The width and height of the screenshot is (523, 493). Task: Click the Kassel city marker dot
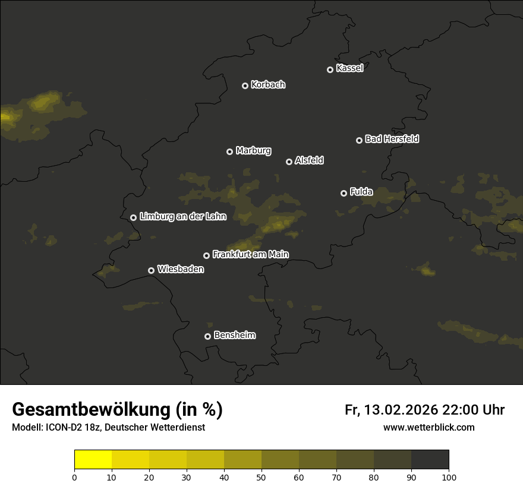tap(330, 69)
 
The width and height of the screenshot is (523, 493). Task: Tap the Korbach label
tap(268, 85)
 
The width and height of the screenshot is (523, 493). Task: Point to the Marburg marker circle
tap(229, 151)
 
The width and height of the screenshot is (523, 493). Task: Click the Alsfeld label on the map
tap(309, 160)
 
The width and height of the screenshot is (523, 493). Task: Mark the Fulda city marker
tap(344, 193)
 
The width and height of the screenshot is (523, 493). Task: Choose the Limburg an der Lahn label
tap(182, 217)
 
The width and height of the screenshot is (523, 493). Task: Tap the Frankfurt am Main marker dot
tap(206, 255)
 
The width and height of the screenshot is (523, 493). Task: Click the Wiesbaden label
tap(181, 269)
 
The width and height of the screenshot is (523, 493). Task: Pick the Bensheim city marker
tap(207, 336)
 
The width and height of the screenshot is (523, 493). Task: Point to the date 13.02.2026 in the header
tap(401, 410)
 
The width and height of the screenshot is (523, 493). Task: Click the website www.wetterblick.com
tap(429, 427)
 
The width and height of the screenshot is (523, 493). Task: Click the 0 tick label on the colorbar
tap(74, 478)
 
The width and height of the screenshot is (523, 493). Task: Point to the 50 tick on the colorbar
tap(261, 478)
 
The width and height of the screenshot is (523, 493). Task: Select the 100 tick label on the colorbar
tap(449, 478)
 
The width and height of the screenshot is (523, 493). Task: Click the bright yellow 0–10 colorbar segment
tap(93, 460)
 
